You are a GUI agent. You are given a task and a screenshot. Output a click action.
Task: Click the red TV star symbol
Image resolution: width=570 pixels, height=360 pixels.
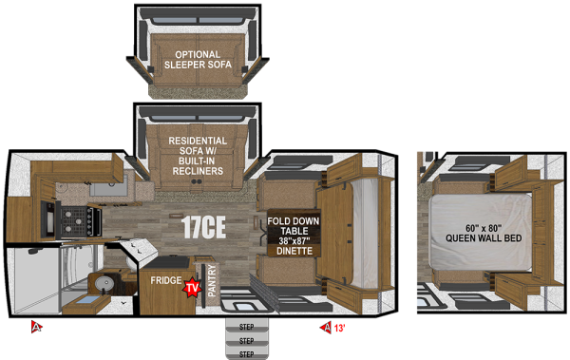coord(193,287)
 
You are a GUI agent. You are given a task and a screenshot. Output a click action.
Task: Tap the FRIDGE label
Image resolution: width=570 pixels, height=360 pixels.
coord(160,282)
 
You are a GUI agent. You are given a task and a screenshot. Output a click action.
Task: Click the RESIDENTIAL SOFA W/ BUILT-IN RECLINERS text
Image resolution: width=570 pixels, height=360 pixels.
coord(197,156)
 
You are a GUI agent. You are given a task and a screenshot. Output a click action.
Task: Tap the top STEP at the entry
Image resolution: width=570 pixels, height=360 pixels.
coord(246,327)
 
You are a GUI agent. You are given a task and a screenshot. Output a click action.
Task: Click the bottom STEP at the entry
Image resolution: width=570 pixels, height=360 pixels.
coord(246,353)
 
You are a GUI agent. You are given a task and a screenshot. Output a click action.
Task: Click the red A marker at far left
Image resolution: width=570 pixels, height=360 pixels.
coord(36,328)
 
